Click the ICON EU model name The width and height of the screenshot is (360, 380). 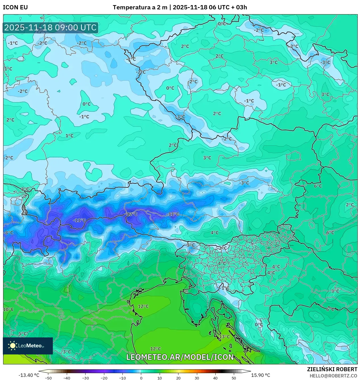tap(15, 7)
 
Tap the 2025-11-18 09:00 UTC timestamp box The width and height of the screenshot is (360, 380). tap(51, 28)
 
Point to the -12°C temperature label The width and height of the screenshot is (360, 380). tap(132, 214)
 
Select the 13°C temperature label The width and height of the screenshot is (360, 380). tap(224, 337)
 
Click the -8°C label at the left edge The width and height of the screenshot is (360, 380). tap(9, 233)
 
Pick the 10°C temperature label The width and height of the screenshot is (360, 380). tap(9, 309)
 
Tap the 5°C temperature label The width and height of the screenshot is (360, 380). tap(23, 334)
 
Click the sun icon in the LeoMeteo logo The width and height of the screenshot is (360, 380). tap(13, 345)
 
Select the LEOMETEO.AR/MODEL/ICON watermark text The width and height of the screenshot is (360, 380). tap(180, 357)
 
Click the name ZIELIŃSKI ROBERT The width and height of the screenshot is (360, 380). tap(332, 369)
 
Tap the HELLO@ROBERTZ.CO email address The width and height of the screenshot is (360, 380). tap(333, 375)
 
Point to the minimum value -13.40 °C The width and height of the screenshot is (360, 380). tap(29, 375)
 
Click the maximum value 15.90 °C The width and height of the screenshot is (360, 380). tap(261, 375)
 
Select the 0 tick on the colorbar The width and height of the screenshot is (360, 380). tap(141, 378)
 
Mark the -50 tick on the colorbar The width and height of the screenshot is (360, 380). tap(48, 378)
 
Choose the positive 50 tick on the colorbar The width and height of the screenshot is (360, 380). tap(234, 378)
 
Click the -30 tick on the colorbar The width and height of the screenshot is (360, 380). tap(85, 378)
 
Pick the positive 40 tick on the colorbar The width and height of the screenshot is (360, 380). tap(215, 378)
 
